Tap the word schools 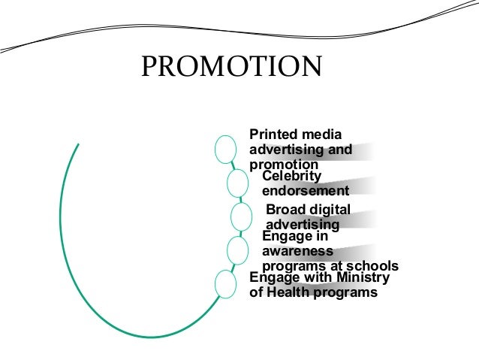point(373,266)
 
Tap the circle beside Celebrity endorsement point(236,183)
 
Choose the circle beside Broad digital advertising point(241,216)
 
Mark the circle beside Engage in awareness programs point(236,250)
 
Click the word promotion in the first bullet point(284,165)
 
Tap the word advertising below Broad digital point(303,224)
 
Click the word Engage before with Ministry point(273,278)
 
